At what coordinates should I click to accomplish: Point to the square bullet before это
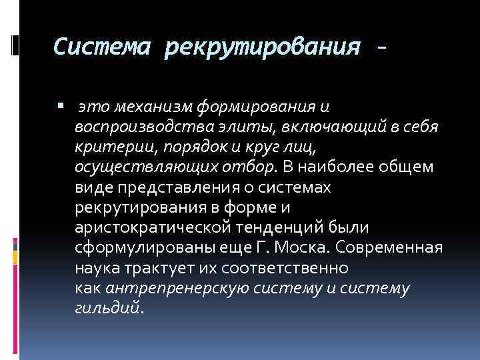pos(61,106)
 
